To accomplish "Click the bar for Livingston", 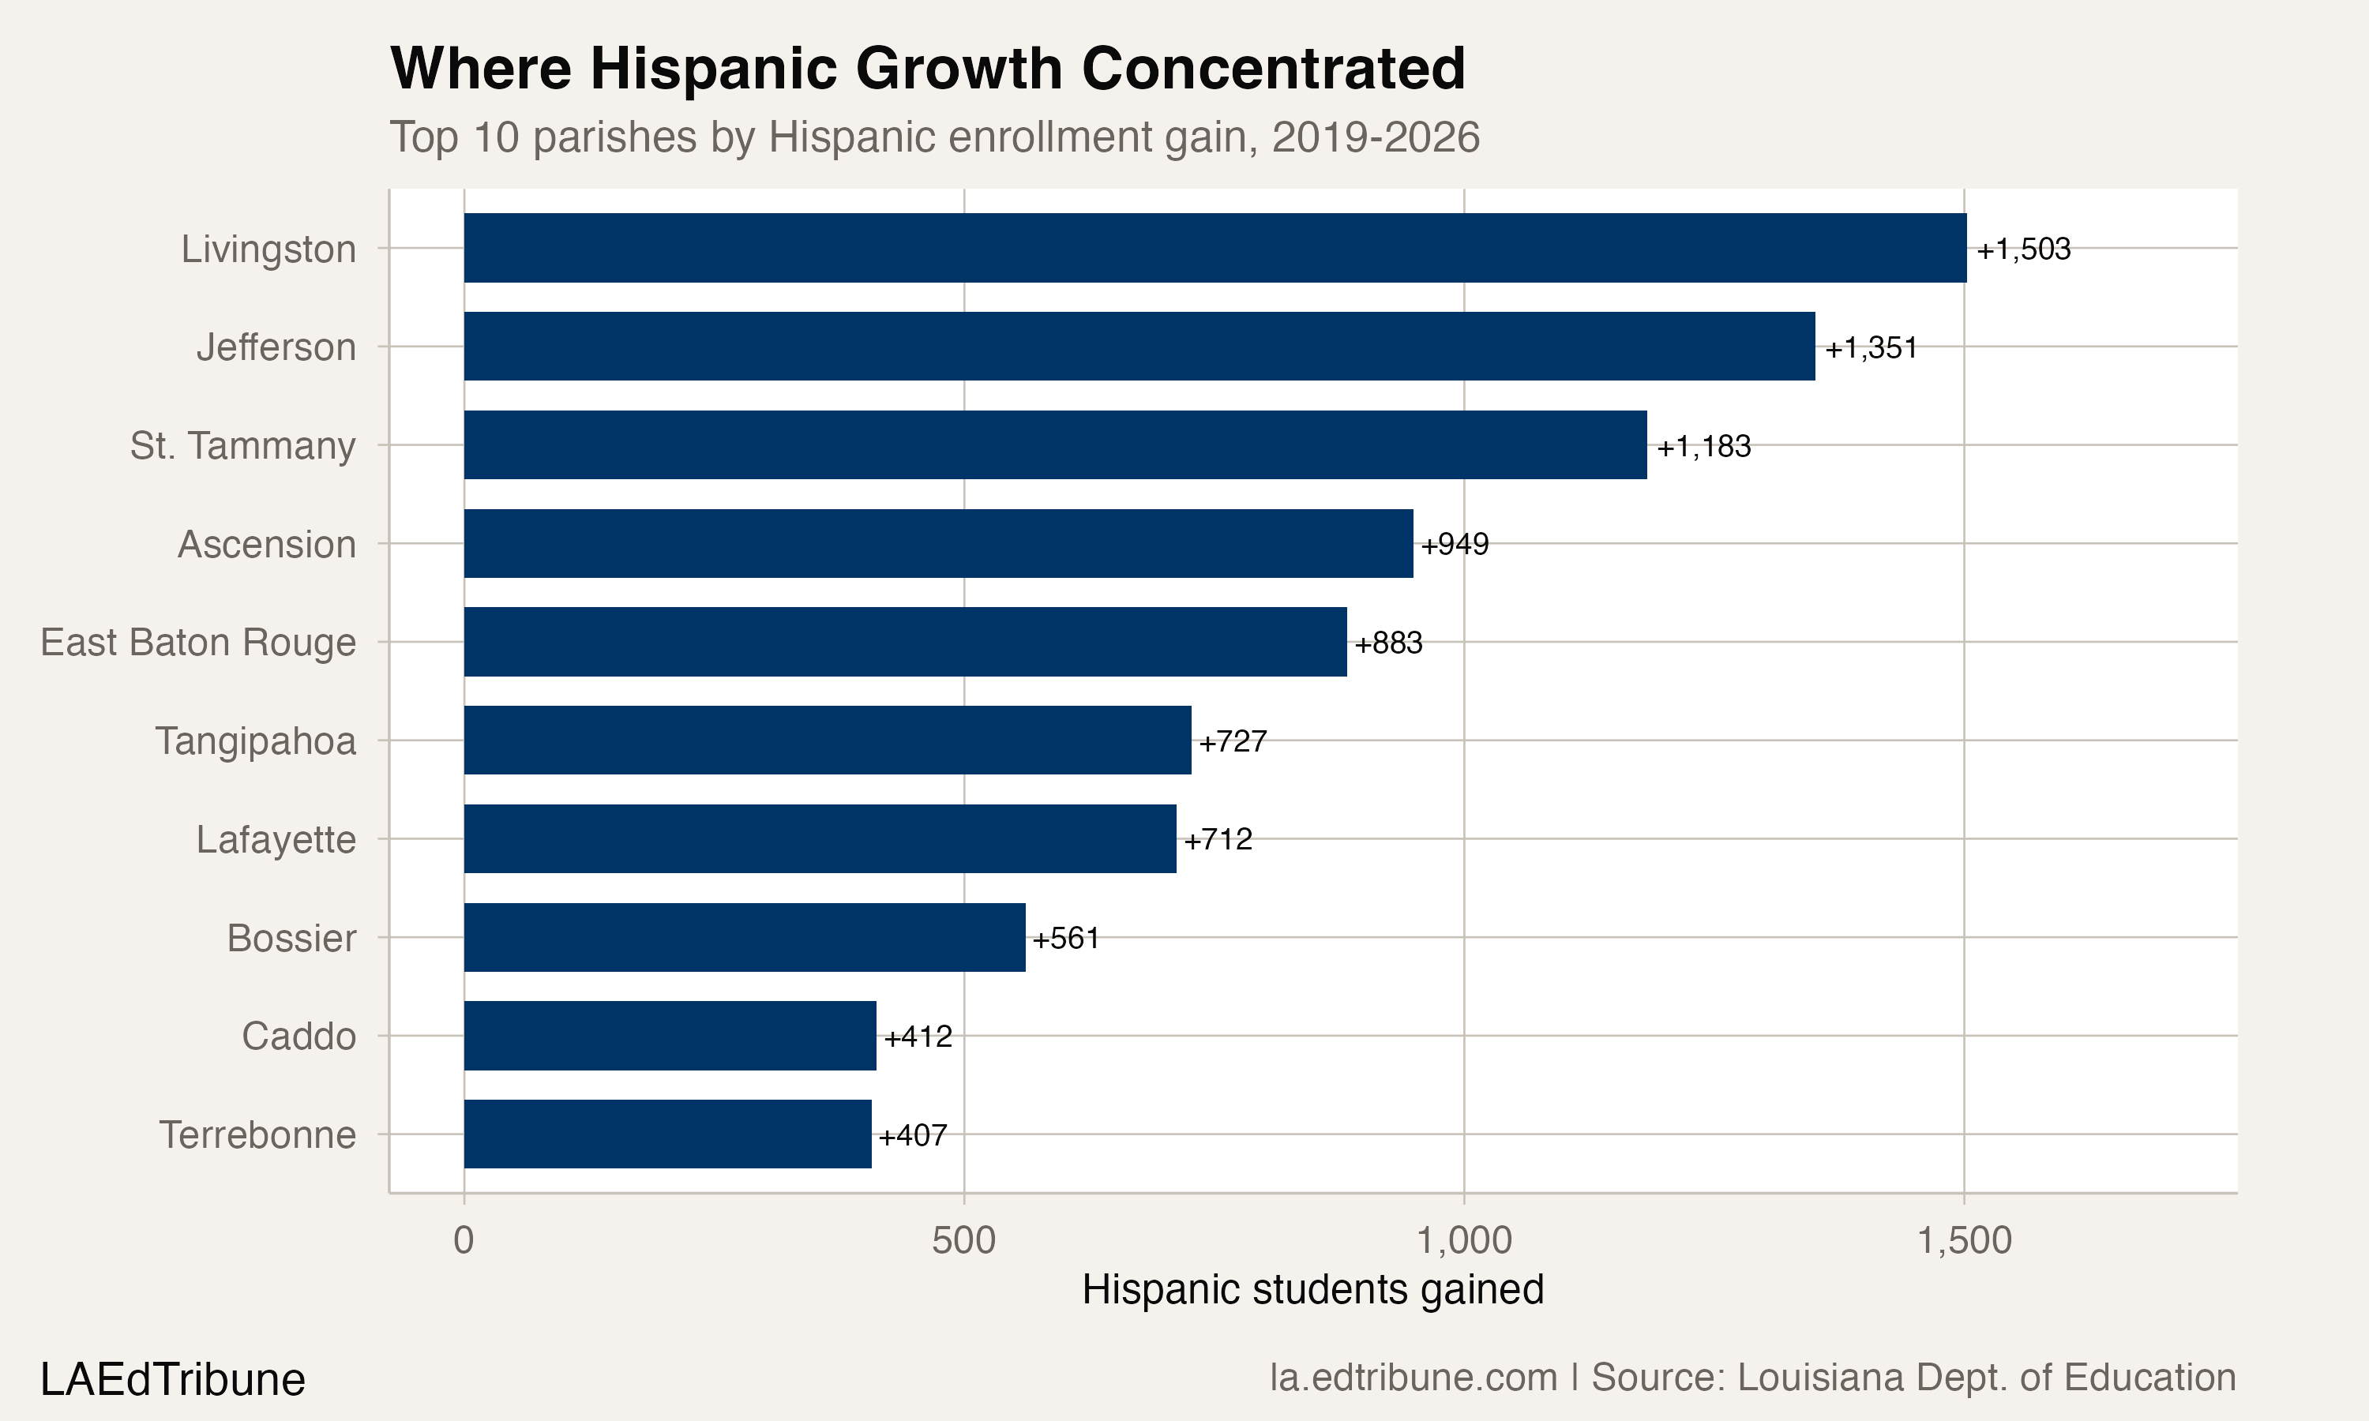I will pyautogui.click(x=1215, y=248).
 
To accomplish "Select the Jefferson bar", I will pyautogui.click(x=1139, y=346).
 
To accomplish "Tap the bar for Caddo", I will pyautogui.click(x=670, y=1035).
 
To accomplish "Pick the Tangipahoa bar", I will pyautogui.click(x=828, y=740).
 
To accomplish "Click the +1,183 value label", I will pyautogui.click(x=1703, y=446).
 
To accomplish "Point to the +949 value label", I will pyautogui.click(x=1455, y=545).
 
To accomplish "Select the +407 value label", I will pyautogui.click(x=913, y=1136).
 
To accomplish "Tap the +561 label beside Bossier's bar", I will pyautogui.click(x=1066, y=939).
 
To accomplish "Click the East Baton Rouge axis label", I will pyautogui.click(x=198, y=643).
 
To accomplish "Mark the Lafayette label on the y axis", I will pyautogui.click(x=276, y=840).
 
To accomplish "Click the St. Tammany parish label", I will pyautogui.click(x=243, y=446).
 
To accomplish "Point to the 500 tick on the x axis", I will pyautogui.click(x=963, y=1241).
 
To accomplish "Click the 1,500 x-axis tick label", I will pyautogui.click(x=1964, y=1241).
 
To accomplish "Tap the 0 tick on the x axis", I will pyautogui.click(x=464, y=1241).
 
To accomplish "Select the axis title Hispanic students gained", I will pyautogui.click(x=1312, y=1290).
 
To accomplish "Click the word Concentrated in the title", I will pyautogui.click(x=1273, y=69).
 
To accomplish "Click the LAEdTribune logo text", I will pyautogui.click(x=172, y=1380).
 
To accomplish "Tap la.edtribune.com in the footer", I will pyautogui.click(x=1414, y=1378).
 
